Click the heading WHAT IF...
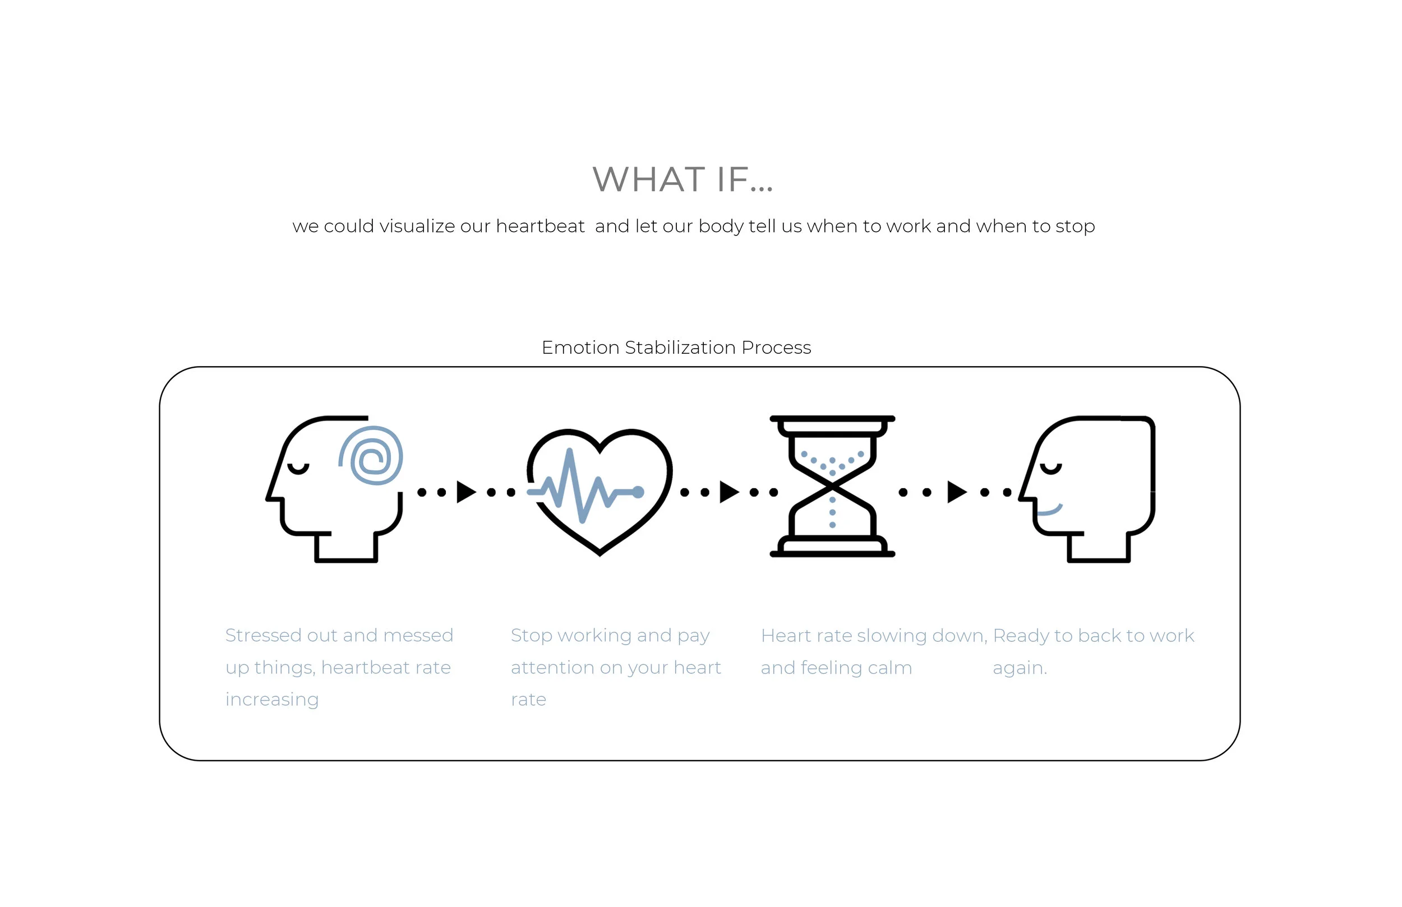point(682,179)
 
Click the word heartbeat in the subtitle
point(540,226)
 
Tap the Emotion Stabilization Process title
point(676,348)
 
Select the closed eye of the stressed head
point(298,469)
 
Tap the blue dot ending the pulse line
point(638,492)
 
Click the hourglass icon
point(832,487)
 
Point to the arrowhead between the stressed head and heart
point(466,492)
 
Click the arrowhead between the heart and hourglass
point(728,492)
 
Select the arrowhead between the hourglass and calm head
point(956,492)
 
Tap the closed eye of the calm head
point(1050,469)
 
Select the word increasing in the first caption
point(271,700)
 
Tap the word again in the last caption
point(1019,668)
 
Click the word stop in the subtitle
point(1075,226)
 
